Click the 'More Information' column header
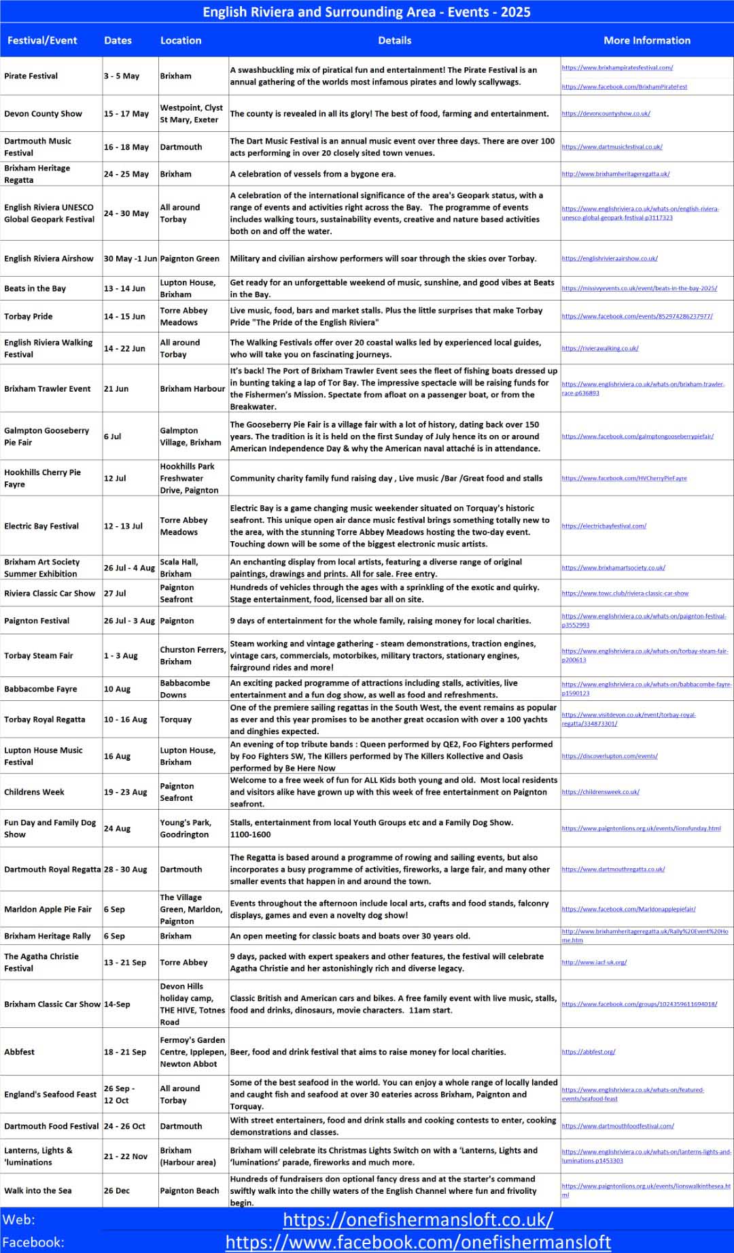click(646, 40)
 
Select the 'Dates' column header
click(118, 40)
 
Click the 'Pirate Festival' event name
click(31, 76)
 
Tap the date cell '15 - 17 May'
click(126, 114)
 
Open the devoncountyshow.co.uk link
click(606, 114)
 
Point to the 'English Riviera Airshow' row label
click(49, 258)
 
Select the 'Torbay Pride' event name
click(29, 316)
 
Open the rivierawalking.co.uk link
click(600, 348)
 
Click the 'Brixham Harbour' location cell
click(192, 389)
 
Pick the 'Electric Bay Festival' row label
click(41, 526)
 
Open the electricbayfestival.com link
click(604, 526)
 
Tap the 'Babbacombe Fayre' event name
click(41, 689)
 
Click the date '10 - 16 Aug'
click(126, 719)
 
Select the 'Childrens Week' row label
click(34, 792)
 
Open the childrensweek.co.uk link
click(601, 792)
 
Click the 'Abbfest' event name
click(20, 1052)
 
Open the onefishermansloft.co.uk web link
click(418, 1219)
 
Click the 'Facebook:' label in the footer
click(33, 1242)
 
